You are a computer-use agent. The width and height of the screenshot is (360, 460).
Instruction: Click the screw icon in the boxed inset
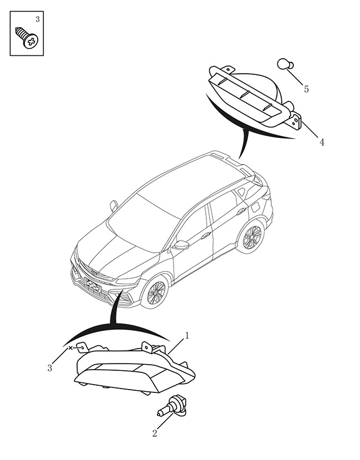(x=27, y=38)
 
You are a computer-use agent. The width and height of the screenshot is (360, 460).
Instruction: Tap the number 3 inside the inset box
(x=38, y=19)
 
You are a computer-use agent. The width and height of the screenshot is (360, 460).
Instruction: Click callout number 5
(x=306, y=89)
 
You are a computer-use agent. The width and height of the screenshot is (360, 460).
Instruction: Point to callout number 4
(x=322, y=142)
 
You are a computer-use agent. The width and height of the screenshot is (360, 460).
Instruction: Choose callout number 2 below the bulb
(x=155, y=433)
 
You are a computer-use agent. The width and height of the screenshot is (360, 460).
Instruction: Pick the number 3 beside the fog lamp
(x=49, y=367)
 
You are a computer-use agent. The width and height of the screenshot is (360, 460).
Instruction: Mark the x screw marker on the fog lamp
(x=70, y=348)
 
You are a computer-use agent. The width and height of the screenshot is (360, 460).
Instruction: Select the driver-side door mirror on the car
(x=181, y=245)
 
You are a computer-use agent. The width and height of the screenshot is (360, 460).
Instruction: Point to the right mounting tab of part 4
(x=297, y=121)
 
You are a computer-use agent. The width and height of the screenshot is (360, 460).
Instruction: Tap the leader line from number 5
(x=295, y=77)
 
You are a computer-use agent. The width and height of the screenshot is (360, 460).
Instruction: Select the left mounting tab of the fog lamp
(x=82, y=347)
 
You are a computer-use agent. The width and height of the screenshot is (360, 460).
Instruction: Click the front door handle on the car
(x=206, y=234)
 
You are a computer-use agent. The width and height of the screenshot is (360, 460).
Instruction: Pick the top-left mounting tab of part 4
(x=228, y=69)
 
